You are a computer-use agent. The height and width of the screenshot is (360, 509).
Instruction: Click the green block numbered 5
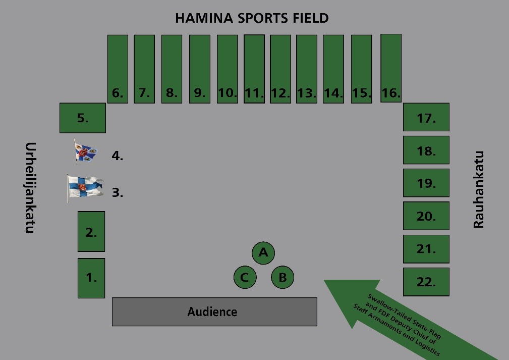click(x=82, y=118)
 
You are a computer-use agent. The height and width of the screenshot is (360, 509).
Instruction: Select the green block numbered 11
click(x=254, y=69)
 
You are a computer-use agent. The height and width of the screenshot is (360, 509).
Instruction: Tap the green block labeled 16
click(x=391, y=68)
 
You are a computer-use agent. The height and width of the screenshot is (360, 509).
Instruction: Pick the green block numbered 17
click(x=426, y=117)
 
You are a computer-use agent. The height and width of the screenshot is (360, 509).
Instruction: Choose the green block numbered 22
click(x=426, y=281)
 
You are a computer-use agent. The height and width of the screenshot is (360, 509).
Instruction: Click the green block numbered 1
click(x=91, y=278)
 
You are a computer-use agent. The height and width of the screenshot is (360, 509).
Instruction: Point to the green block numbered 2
click(x=91, y=231)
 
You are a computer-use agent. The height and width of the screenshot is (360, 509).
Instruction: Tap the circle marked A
click(x=263, y=252)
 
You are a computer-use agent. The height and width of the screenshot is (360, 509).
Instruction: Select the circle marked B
click(x=282, y=277)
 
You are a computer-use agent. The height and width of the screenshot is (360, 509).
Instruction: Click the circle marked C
click(x=245, y=277)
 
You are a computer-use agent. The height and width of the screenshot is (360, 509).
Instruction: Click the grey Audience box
click(x=214, y=312)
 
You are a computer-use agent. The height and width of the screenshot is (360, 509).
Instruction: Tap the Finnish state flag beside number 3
click(x=85, y=187)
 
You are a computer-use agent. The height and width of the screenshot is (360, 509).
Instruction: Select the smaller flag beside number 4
click(x=85, y=152)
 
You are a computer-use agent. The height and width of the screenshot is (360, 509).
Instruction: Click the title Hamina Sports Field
click(x=252, y=18)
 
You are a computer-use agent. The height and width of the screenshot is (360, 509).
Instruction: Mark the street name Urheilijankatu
click(x=30, y=187)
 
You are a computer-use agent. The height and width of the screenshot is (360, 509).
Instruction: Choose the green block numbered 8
click(x=172, y=69)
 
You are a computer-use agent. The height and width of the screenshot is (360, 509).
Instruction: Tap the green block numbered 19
click(x=426, y=183)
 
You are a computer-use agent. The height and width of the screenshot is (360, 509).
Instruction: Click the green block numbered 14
click(x=333, y=69)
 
